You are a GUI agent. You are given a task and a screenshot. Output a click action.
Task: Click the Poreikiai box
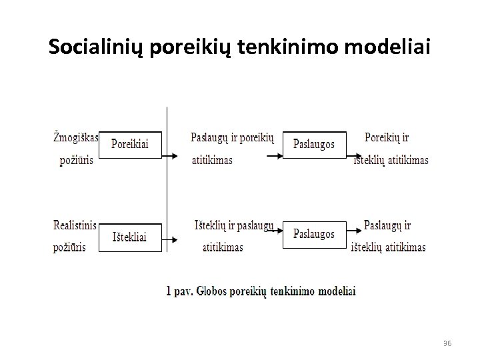tap(130, 144)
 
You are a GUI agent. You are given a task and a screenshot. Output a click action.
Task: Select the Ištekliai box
tap(130, 236)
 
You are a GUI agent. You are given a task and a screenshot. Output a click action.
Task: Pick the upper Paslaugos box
tap(314, 144)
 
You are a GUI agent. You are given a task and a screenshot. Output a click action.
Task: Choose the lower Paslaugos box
tap(314, 235)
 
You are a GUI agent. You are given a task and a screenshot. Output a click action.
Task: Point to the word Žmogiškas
tap(75, 138)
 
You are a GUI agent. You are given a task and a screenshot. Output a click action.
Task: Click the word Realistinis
tap(75, 225)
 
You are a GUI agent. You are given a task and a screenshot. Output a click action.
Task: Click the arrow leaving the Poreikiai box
tap(171, 157)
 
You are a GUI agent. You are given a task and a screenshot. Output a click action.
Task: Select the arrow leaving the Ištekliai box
tap(171, 239)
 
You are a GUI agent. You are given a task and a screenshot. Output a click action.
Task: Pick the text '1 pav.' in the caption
tap(179, 291)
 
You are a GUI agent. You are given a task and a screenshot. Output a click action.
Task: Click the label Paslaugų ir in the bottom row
tap(387, 226)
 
